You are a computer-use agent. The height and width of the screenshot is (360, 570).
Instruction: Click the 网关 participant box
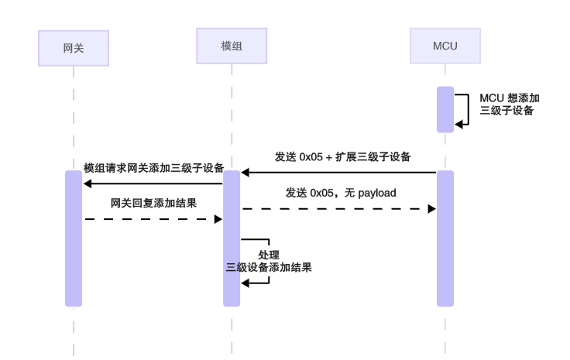pos(73,47)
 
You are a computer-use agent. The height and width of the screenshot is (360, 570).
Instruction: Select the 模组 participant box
pos(232,46)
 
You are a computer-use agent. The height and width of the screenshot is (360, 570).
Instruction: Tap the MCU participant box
pos(445,46)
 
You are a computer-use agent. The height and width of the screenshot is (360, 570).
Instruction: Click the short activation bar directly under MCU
pos(445,109)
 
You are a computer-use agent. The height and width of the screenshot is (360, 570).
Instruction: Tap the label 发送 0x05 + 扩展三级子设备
pos(342,156)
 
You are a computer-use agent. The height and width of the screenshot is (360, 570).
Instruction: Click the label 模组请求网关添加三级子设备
pos(153,168)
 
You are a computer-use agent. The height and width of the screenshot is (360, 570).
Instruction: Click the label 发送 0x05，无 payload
pos(342,193)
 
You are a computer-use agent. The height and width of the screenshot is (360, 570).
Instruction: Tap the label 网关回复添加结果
pos(153,204)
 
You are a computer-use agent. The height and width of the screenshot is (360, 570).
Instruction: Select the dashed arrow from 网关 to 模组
pos(153,220)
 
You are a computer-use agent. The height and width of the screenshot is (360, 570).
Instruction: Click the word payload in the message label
pos(377,193)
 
